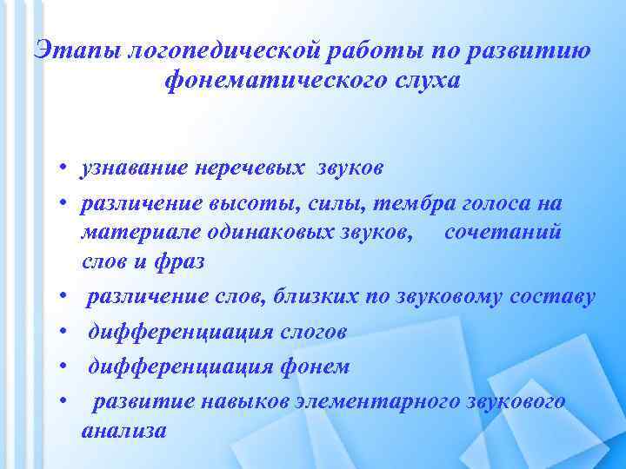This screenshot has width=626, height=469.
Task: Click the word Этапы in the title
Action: pos(76,50)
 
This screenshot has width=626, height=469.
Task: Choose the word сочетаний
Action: pos(503,234)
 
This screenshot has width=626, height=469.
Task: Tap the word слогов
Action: pos(313,332)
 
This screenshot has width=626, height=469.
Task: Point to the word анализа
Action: pos(123,429)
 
